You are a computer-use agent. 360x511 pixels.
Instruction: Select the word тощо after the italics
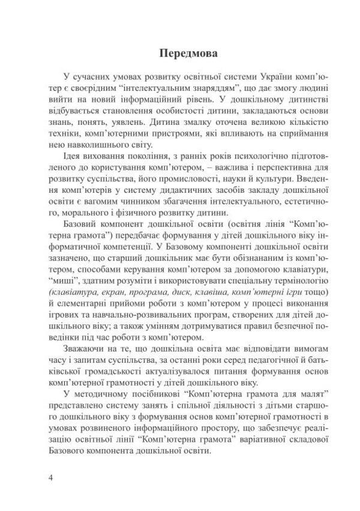point(314,286)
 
